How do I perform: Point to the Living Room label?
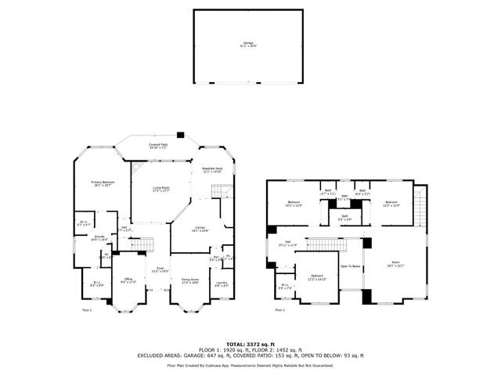(x=161, y=190)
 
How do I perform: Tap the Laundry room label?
(x=222, y=284)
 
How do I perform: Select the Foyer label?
(x=160, y=269)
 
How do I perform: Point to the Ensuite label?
(x=100, y=237)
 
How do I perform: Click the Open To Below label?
(x=350, y=266)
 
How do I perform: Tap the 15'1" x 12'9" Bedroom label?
(x=294, y=204)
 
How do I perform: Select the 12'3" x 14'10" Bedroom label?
(x=317, y=278)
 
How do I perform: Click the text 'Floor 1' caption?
(x=87, y=310)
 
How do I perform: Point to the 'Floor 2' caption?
(x=279, y=310)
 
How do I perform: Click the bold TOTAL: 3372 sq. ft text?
(x=250, y=343)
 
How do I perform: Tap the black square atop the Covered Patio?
(x=180, y=133)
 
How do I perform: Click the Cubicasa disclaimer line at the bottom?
(x=250, y=365)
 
